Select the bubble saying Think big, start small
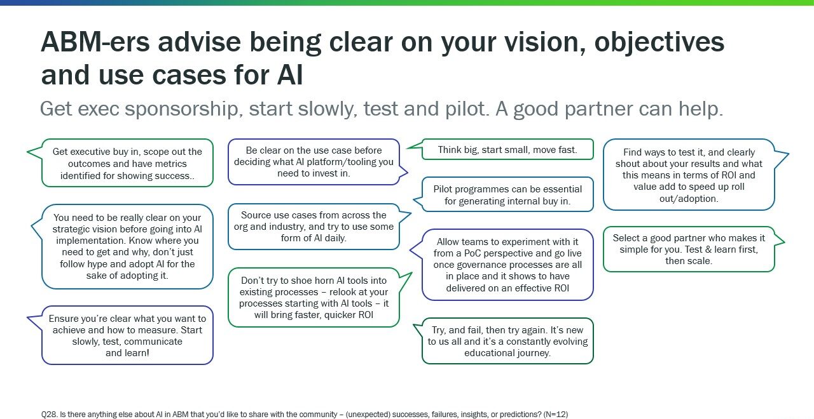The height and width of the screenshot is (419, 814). coord(507,150)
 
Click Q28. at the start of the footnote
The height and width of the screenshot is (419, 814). coord(50,414)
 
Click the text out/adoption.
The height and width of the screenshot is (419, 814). coord(689,199)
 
